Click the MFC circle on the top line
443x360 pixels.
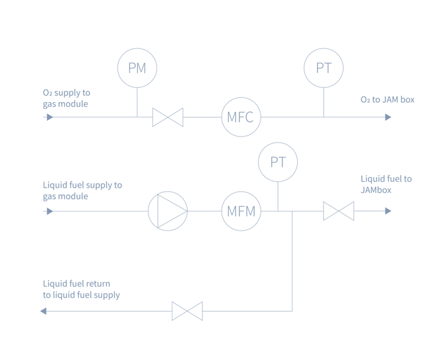point(241,117)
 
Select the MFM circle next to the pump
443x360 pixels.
point(241,211)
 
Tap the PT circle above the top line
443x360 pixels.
point(324,68)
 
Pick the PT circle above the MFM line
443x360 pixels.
point(278,162)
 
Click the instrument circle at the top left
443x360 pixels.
point(137,68)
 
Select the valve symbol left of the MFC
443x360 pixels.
point(168,117)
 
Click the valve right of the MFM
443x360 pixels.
point(338,211)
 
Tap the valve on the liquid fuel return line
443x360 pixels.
point(187,311)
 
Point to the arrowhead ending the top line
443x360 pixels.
point(388,117)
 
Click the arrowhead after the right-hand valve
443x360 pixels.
point(388,211)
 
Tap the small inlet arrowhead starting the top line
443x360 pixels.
point(49,117)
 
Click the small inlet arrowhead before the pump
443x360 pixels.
point(49,211)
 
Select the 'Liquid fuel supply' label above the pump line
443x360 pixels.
point(82,190)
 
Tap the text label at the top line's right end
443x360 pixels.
point(387,100)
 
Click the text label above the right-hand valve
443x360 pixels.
point(385,184)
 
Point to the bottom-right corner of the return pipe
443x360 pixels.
point(292,311)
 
